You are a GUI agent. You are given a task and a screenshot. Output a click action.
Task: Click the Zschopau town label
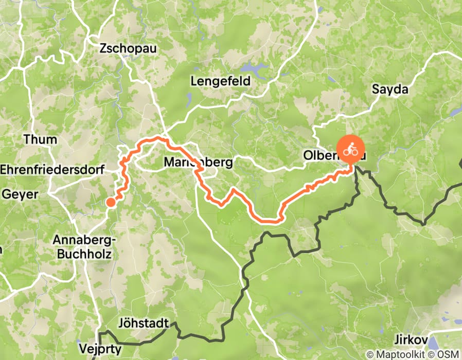click(x=129, y=49)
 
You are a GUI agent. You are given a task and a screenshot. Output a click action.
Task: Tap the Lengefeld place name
click(x=220, y=81)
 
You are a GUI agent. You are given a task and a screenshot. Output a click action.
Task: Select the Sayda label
click(x=389, y=89)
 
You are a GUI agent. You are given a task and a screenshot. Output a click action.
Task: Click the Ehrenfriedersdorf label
click(x=52, y=169)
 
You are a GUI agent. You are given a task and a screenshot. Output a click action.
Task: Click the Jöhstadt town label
click(x=143, y=323)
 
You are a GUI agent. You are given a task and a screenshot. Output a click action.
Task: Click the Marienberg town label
click(x=198, y=163)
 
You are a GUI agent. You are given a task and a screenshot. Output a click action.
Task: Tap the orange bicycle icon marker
click(x=350, y=150)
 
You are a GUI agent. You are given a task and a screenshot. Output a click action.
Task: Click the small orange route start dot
click(x=111, y=202)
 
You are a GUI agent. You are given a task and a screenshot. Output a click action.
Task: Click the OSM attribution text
click(x=447, y=354)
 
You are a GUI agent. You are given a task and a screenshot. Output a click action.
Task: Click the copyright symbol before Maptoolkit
click(x=369, y=354)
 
